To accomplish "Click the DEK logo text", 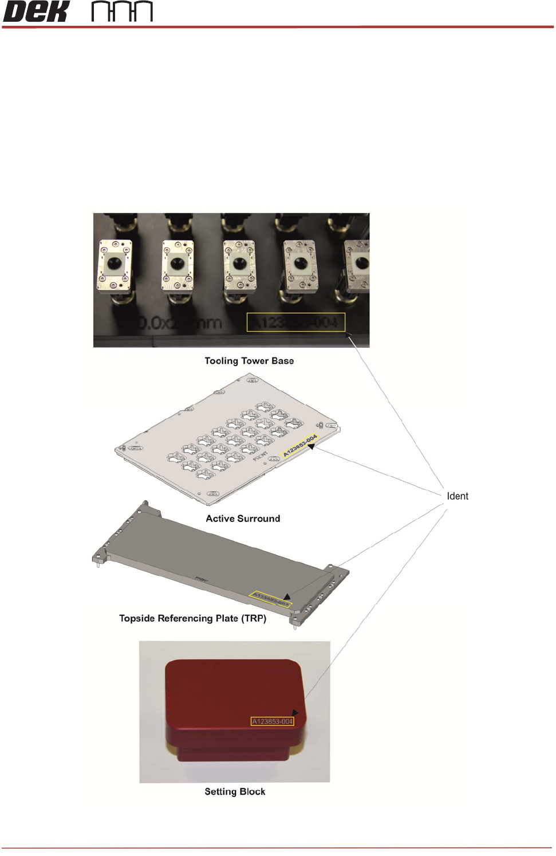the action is pyautogui.click(x=36, y=11).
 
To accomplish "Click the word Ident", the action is pyautogui.click(x=457, y=496).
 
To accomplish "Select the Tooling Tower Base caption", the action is pyautogui.click(x=249, y=361).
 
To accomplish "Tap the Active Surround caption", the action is pyautogui.click(x=243, y=519).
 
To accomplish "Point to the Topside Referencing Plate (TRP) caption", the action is pyautogui.click(x=192, y=618).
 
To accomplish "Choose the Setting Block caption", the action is pyautogui.click(x=235, y=792).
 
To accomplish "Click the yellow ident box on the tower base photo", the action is pyautogui.click(x=295, y=323).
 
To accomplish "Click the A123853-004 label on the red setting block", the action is pyautogui.click(x=273, y=721).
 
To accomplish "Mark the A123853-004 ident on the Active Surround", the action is pyautogui.click(x=299, y=446).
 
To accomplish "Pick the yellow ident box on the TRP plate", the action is pyautogui.click(x=271, y=599).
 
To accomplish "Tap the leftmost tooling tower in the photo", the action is pyautogui.click(x=115, y=266).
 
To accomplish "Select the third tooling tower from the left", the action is pyautogui.click(x=239, y=266).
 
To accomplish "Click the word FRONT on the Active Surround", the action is pyautogui.click(x=261, y=456).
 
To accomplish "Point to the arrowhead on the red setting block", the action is pyautogui.click(x=295, y=713).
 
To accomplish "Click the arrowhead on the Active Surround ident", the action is pyautogui.click(x=311, y=446).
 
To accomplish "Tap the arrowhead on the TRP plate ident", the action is pyautogui.click(x=287, y=596).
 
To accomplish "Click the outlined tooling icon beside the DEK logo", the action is pyautogui.click(x=122, y=11).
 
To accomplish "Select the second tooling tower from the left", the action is pyautogui.click(x=178, y=266).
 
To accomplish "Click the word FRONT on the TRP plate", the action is pyautogui.click(x=202, y=580).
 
